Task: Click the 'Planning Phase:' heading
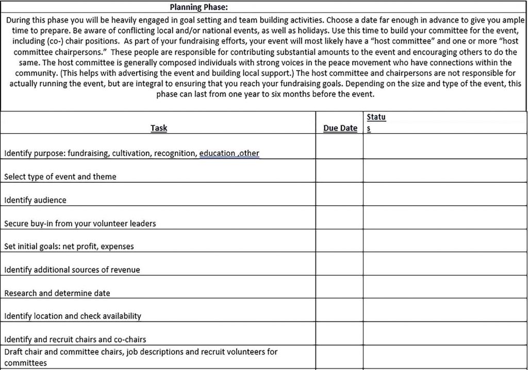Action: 199,7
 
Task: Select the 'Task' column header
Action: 159,128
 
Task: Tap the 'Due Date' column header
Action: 340,128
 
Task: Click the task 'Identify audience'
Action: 35,200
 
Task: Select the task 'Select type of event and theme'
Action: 60,176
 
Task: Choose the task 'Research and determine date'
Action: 57,293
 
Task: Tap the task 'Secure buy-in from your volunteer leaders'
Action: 80,223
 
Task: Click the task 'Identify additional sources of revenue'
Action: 72,270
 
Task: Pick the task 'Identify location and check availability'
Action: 73,316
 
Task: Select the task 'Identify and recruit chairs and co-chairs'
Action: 75,340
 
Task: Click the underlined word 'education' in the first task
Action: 217,153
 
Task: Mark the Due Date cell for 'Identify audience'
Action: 339,194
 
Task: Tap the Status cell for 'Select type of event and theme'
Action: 444,171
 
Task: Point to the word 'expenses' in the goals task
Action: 117,247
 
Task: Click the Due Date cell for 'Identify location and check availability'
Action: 339,310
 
